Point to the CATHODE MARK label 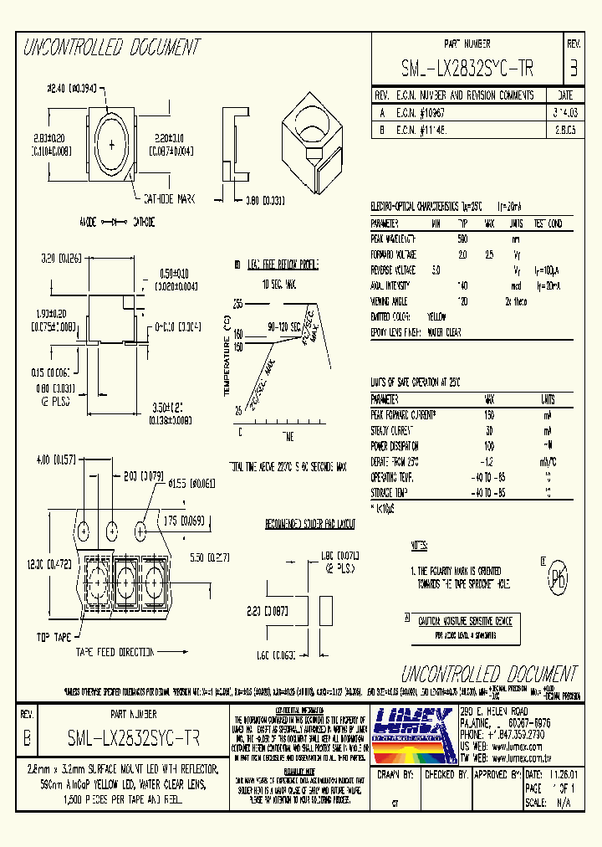point(169,198)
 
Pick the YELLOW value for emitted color point(436,317)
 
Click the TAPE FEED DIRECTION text point(115,651)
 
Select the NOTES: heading point(420,545)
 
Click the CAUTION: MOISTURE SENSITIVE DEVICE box point(464,621)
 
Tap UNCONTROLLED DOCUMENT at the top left point(111,47)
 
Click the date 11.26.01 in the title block point(561,775)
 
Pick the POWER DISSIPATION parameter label point(395,445)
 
